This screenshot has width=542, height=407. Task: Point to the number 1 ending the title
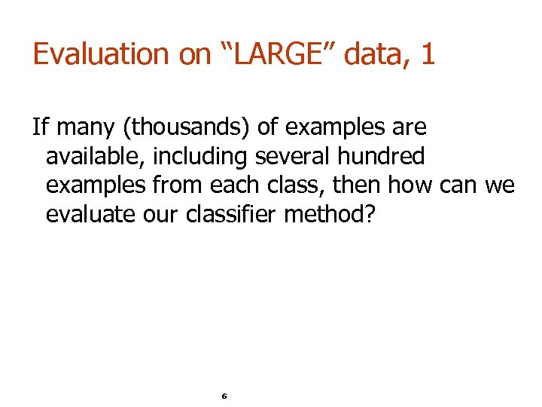point(427,55)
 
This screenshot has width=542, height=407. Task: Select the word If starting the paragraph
point(39,127)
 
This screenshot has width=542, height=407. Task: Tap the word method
point(327,216)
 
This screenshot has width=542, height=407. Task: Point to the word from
point(184,186)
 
